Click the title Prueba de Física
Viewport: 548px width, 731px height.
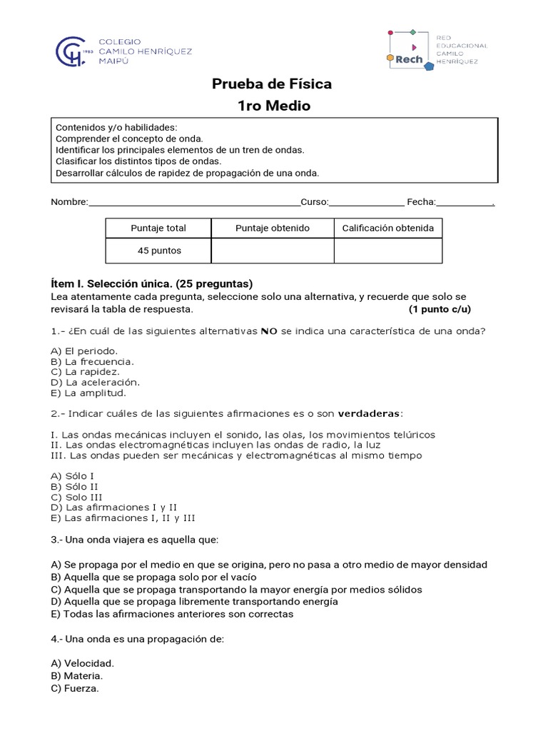pyautogui.click(x=272, y=84)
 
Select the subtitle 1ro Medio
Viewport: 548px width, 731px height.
pyautogui.click(x=274, y=106)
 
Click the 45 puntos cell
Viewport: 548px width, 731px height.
pyautogui.click(x=159, y=251)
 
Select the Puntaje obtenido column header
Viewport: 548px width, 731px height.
pyautogui.click(x=273, y=228)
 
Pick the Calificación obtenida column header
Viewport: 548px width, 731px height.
pyautogui.click(x=387, y=228)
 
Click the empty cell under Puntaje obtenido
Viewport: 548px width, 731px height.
pyautogui.click(x=273, y=251)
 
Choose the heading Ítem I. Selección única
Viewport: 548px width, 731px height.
pyautogui.click(x=152, y=283)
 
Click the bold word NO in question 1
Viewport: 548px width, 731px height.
pyautogui.click(x=268, y=331)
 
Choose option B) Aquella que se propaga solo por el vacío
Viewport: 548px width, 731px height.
pyautogui.click(x=154, y=577)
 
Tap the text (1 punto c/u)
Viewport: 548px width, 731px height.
pyautogui.click(x=440, y=309)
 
